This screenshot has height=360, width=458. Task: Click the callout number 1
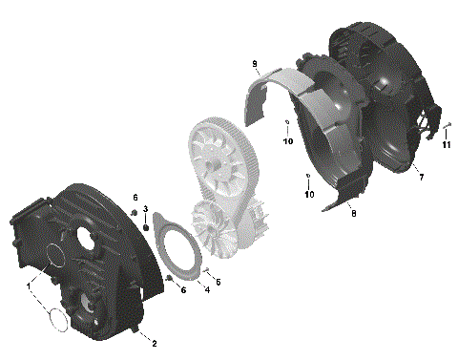tap(30, 286)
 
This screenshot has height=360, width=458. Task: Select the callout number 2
tap(156, 342)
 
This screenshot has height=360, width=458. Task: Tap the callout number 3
tap(145, 209)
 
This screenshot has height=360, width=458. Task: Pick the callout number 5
tap(219, 282)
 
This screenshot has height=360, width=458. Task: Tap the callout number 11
tap(446, 145)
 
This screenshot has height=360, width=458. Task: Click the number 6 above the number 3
tap(135, 198)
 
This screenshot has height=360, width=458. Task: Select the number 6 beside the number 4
tap(183, 290)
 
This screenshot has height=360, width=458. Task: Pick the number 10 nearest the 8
tap(309, 195)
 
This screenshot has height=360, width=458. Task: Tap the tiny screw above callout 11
tap(447, 124)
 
